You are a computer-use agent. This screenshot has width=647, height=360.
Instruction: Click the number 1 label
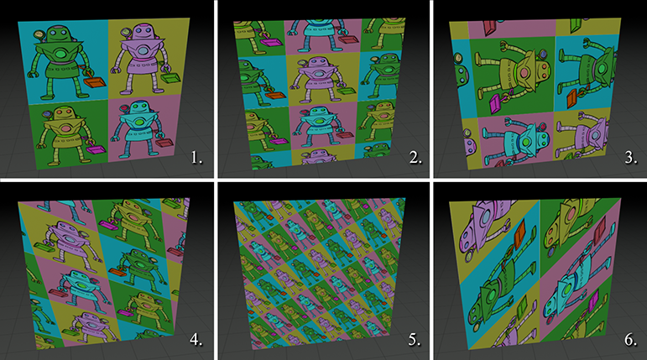pyautogui.click(x=197, y=158)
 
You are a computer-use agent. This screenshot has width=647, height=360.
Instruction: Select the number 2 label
pyautogui.click(x=415, y=158)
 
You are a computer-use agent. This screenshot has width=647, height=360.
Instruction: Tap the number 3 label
pyautogui.click(x=631, y=158)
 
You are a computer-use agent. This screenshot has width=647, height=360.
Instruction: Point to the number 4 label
pyautogui.click(x=196, y=339)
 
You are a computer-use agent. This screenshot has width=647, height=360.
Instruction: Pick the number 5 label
pyautogui.click(x=415, y=339)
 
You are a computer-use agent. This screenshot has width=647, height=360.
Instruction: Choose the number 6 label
pyautogui.click(x=631, y=339)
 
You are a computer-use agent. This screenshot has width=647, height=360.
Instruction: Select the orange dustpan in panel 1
pyautogui.click(x=95, y=82)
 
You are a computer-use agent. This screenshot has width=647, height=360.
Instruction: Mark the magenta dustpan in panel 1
pyautogui.click(x=97, y=149)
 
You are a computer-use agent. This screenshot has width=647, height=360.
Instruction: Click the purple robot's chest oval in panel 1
pyautogui.click(x=143, y=51)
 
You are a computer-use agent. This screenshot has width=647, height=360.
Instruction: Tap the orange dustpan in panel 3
pyautogui.click(x=572, y=99)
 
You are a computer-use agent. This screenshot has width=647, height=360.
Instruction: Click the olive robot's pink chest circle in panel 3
pyautogui.click(x=524, y=74)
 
